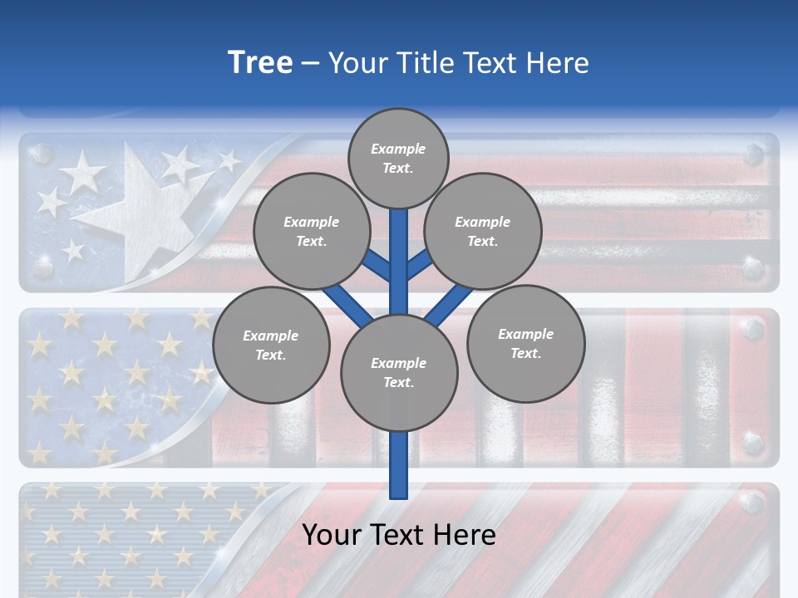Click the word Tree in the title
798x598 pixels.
point(260,63)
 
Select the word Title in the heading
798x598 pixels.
point(420,63)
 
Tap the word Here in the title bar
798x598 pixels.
point(558,63)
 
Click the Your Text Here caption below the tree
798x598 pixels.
point(399,535)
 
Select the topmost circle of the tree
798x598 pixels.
point(398,158)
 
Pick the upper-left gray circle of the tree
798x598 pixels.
point(311,231)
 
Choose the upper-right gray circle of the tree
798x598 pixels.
point(483,231)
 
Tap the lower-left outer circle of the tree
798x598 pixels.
point(271,345)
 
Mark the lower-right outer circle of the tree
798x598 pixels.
point(525,343)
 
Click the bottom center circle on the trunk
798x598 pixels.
point(399,372)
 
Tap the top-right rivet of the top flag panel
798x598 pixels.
point(753,154)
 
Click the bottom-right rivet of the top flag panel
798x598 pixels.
point(753,268)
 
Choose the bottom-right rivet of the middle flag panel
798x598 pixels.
point(753,443)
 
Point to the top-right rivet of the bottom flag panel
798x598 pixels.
point(753,502)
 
